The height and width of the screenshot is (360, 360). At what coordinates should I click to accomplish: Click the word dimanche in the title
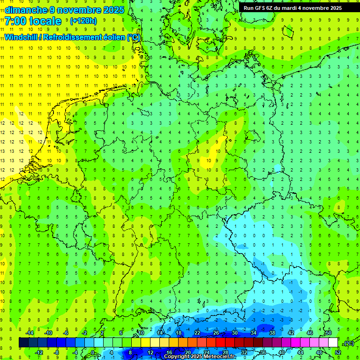[x=26, y=10]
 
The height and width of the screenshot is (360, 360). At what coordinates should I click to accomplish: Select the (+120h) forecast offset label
[x=83, y=21]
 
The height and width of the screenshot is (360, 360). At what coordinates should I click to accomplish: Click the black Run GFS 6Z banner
[x=292, y=8]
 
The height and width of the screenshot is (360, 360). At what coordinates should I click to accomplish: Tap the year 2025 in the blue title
[x=114, y=10]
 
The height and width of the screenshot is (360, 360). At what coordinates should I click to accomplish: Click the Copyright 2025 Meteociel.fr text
[x=199, y=357]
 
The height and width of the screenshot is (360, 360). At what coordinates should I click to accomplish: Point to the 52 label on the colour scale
[x=338, y=352]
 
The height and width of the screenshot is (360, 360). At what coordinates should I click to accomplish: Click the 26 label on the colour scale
[x=216, y=333]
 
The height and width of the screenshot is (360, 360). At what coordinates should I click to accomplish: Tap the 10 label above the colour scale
[x=141, y=333]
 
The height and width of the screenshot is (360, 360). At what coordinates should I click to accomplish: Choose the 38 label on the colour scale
[x=272, y=333]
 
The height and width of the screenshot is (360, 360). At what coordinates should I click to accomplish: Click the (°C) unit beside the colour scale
[x=349, y=343]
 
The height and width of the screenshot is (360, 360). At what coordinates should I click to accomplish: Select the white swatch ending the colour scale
[x=333, y=343]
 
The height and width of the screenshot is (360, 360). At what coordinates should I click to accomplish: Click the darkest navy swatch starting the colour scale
[x=23, y=343]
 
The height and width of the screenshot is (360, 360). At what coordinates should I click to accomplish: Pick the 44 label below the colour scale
[x=300, y=352]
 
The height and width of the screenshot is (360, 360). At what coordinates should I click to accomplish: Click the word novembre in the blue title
[x=78, y=10]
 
